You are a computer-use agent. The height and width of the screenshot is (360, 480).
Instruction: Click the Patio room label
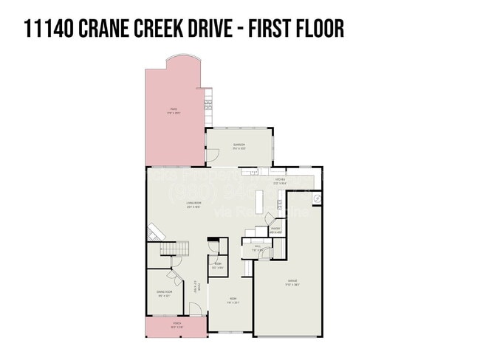click(x=173, y=111)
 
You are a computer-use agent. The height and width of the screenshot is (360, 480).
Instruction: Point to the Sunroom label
click(x=239, y=146)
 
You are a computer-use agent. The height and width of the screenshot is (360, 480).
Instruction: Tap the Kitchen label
click(x=280, y=181)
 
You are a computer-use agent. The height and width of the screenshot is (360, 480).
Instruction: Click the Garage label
click(x=293, y=283)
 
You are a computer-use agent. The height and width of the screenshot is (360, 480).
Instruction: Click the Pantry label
click(x=275, y=231)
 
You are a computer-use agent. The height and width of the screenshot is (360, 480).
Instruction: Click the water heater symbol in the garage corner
click(x=316, y=198)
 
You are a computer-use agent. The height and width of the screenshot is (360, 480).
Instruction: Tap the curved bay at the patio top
click(x=181, y=59)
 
